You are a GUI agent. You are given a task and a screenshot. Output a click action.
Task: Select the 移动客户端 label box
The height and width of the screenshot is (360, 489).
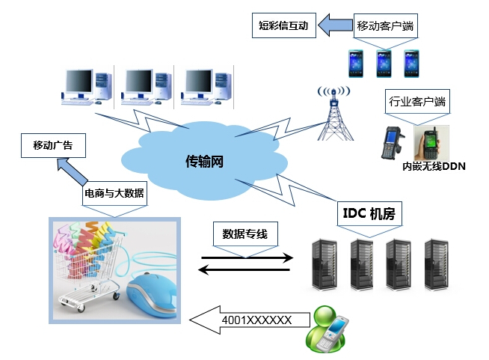tap(386, 25)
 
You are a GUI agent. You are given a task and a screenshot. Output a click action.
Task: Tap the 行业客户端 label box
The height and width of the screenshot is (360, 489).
tap(417, 102)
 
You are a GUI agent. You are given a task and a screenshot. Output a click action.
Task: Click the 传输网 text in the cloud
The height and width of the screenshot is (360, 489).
tap(204, 161)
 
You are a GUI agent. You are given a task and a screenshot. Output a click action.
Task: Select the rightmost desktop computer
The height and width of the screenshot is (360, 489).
tap(202, 88)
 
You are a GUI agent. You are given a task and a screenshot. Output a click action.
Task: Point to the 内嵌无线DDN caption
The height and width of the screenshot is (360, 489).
tap(434, 166)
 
